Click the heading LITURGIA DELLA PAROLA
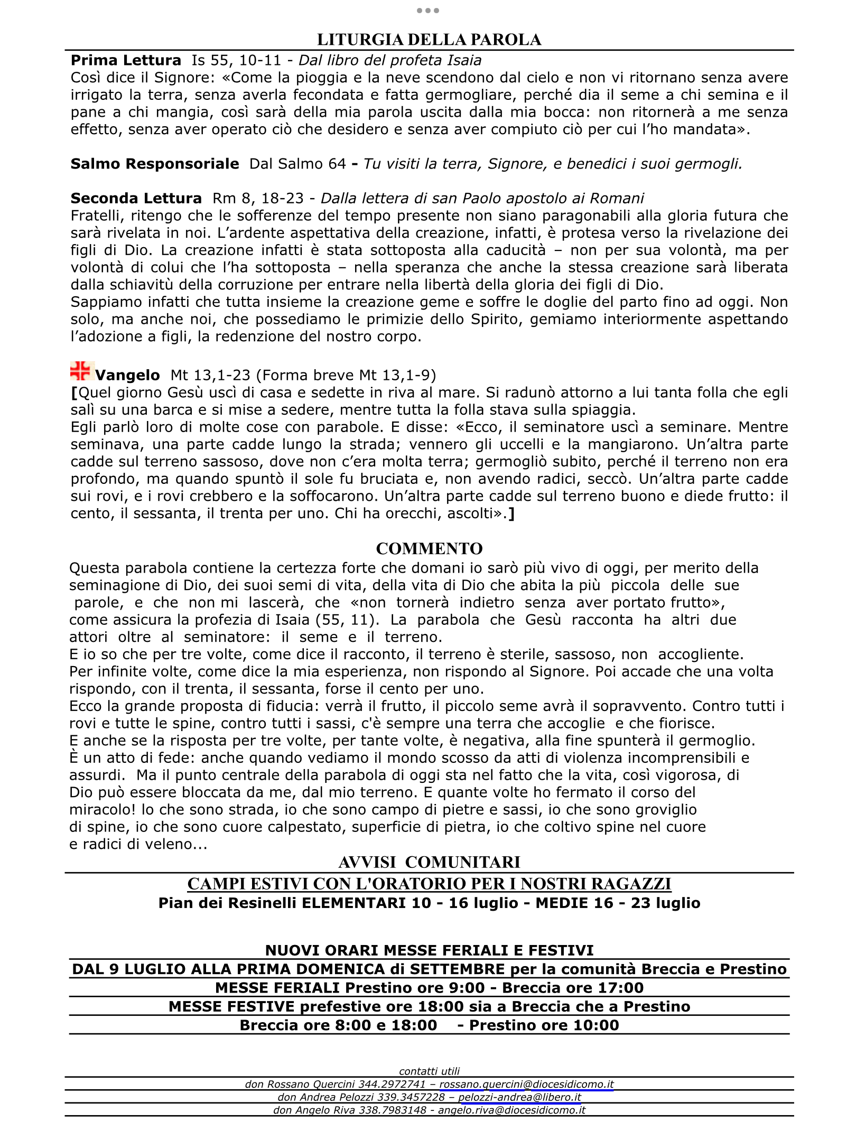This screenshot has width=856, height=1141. click(429, 40)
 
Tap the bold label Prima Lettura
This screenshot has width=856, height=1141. click(126, 60)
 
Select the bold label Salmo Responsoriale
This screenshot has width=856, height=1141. click(155, 164)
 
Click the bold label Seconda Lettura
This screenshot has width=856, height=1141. click(136, 198)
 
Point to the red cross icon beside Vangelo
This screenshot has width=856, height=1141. click(81, 371)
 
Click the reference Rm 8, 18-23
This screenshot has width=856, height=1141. click(258, 198)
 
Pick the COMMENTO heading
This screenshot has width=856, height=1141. click(429, 549)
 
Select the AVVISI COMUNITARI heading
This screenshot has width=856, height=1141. click(429, 862)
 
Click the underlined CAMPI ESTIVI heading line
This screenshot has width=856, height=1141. click(429, 884)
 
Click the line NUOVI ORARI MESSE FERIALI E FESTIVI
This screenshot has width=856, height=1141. click(429, 950)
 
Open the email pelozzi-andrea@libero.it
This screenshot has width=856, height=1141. click(519, 1097)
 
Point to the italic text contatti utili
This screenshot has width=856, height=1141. click(429, 1071)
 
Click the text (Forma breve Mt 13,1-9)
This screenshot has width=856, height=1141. click(346, 375)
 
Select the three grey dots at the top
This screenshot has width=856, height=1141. click(428, 11)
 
